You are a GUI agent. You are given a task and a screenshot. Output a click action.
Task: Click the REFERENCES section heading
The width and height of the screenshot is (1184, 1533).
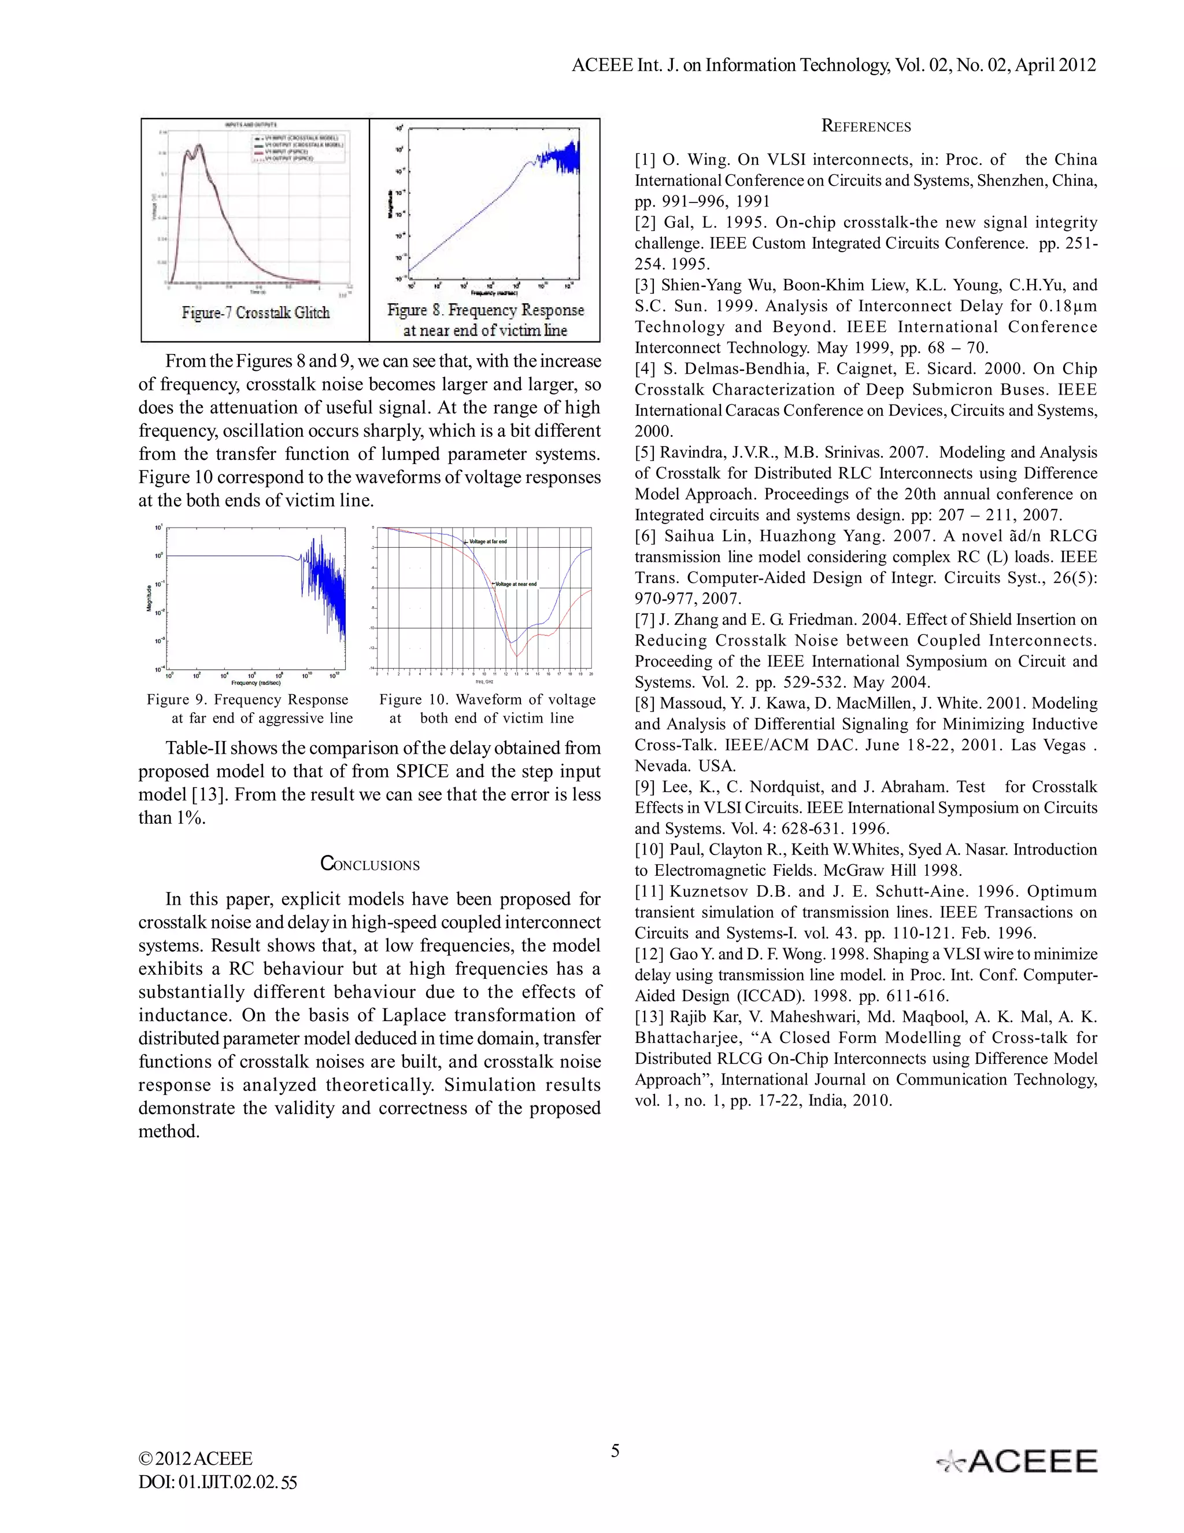(x=865, y=127)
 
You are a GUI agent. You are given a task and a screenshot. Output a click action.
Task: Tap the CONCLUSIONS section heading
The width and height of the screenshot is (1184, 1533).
(x=369, y=864)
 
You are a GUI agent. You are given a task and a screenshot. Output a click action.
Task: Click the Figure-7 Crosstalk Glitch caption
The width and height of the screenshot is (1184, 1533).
(x=256, y=313)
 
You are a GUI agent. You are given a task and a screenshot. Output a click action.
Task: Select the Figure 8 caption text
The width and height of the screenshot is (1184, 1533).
(x=486, y=320)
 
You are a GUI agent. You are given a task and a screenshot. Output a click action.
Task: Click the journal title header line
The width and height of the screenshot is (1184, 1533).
(x=833, y=65)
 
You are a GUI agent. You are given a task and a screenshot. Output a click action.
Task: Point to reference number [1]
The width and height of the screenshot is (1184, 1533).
(x=645, y=160)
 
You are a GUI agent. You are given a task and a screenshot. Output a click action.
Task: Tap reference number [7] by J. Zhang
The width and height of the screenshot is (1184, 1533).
(x=645, y=620)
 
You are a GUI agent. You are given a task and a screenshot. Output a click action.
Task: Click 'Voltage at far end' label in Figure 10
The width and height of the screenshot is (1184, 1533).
(x=487, y=542)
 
